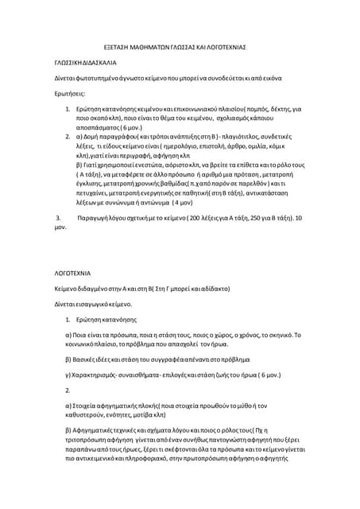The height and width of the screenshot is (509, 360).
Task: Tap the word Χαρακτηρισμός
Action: click(87, 372)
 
